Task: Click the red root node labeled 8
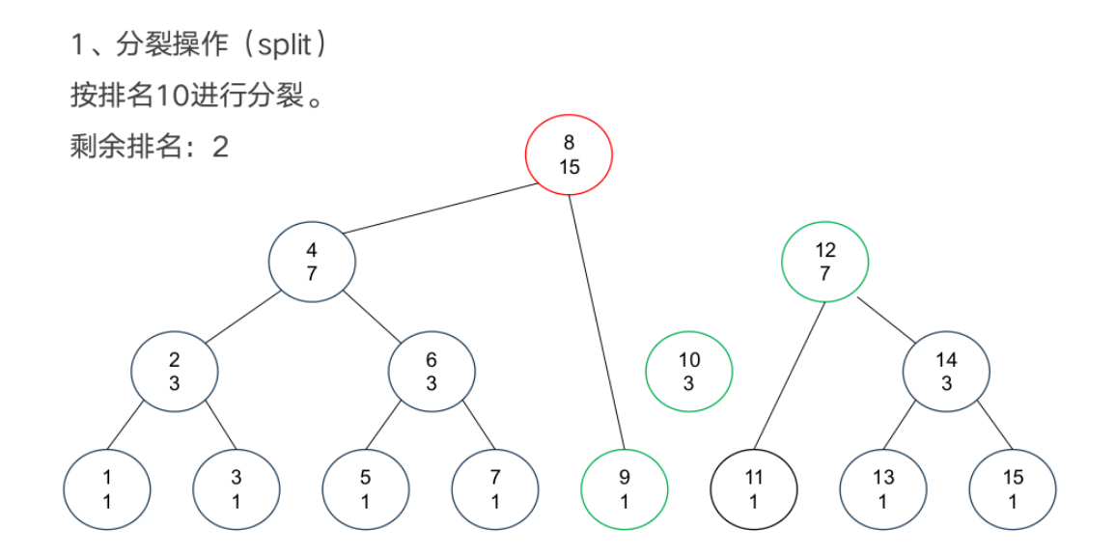[x=569, y=155]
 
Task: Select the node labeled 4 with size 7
[x=312, y=262]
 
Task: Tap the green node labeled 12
[x=825, y=262]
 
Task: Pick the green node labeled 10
[x=689, y=372]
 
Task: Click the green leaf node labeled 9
[x=625, y=488]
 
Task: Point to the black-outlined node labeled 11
[x=754, y=488]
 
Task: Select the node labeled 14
[x=946, y=372]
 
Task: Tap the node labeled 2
[x=175, y=372]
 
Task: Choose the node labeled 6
[x=432, y=372]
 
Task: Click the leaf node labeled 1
[x=107, y=488]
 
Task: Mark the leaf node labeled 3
[x=237, y=488]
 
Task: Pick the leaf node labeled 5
[x=366, y=488]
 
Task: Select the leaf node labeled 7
[x=495, y=488]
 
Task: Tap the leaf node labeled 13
[x=883, y=488]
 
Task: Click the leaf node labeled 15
[x=1013, y=488]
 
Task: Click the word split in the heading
[x=281, y=45]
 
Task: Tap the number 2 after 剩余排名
[x=220, y=147]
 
